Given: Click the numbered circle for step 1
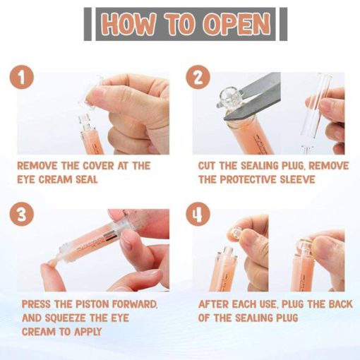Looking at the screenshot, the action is (x=22, y=78).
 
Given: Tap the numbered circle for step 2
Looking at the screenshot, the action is (x=198, y=78).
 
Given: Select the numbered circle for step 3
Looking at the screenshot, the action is (x=22, y=214).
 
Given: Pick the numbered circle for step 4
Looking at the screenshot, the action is (x=198, y=214).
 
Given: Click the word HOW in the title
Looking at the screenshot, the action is (x=129, y=24).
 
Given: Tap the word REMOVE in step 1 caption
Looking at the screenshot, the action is (x=37, y=166).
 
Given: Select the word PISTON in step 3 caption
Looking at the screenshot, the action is (x=92, y=304).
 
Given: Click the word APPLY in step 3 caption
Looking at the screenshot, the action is (x=88, y=332).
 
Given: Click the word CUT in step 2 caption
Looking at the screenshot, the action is (x=207, y=166).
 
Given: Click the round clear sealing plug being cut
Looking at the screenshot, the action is (x=227, y=98).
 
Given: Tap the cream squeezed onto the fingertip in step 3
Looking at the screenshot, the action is (x=53, y=261).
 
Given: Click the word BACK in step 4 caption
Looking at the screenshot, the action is (x=340, y=304).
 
